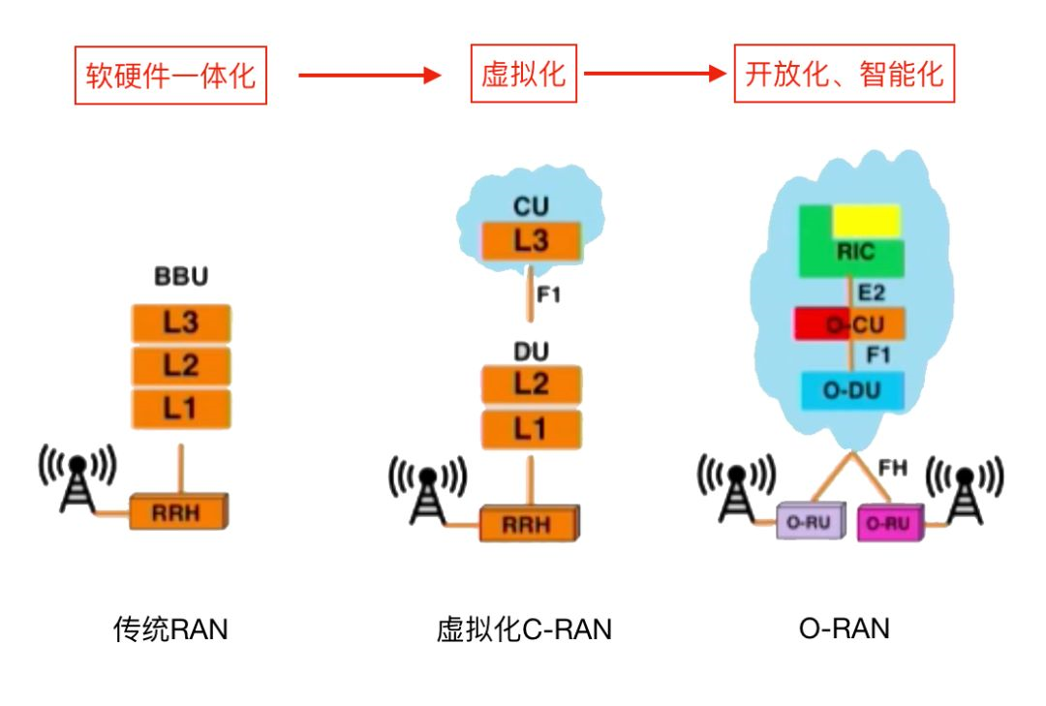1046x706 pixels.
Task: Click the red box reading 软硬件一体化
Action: (x=170, y=75)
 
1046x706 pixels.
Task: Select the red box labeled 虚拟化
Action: (x=523, y=74)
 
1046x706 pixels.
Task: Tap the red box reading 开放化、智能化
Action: (x=844, y=74)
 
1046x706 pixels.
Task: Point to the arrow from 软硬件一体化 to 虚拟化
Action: (x=369, y=75)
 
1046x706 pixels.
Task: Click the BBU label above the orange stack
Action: (x=181, y=278)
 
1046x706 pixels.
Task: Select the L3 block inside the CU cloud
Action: (x=532, y=240)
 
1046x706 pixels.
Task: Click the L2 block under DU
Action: (x=532, y=385)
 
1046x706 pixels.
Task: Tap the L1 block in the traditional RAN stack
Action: (x=182, y=408)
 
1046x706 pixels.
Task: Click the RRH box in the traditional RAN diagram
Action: (x=178, y=510)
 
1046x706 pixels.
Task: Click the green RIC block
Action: (x=852, y=254)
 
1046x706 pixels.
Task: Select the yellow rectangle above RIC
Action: (x=867, y=221)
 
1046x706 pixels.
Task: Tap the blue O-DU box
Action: (x=852, y=390)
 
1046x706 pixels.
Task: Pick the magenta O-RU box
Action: (x=889, y=523)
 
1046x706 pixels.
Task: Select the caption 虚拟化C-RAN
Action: (x=524, y=629)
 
